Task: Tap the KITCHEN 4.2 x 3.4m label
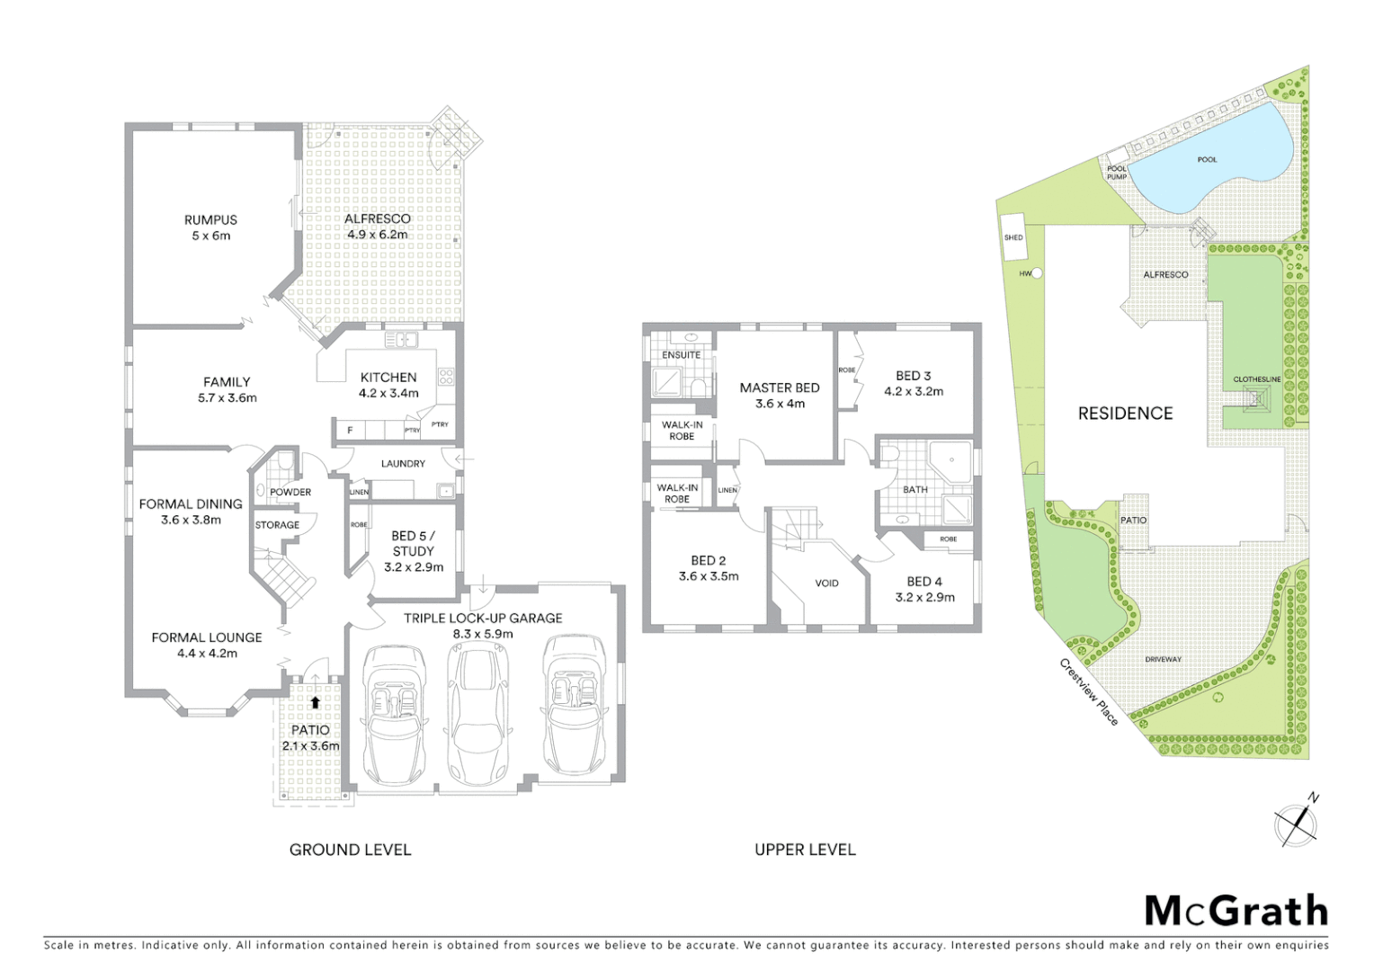(388, 385)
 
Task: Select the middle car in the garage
(478, 714)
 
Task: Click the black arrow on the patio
(315, 703)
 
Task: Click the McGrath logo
(1236, 911)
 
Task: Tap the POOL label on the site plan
(1207, 160)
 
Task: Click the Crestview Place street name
(1089, 692)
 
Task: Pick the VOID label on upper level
(826, 583)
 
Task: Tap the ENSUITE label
(681, 355)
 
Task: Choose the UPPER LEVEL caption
(805, 850)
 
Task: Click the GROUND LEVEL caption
(350, 850)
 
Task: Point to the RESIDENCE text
(1125, 414)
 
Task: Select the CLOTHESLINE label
(1256, 379)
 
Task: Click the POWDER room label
(290, 493)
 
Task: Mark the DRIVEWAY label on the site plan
(1163, 660)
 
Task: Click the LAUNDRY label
(403, 464)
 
